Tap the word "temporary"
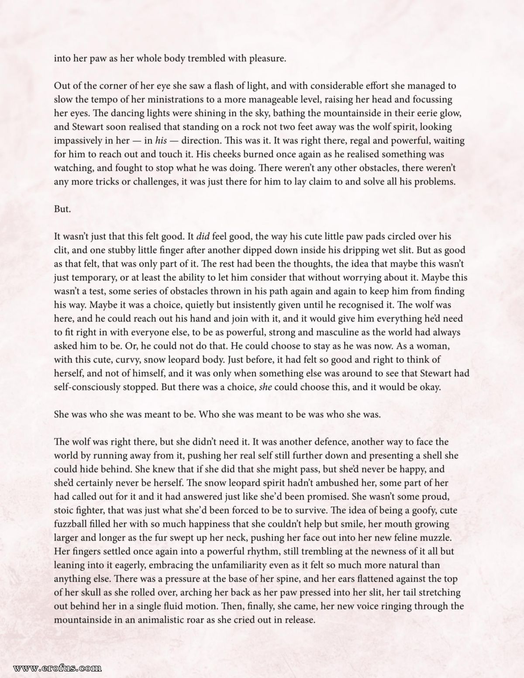tap(94, 278)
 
